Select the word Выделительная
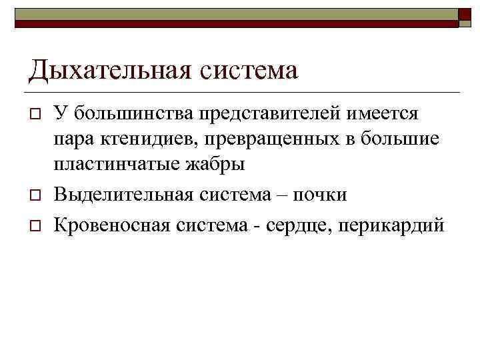point(115,195)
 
